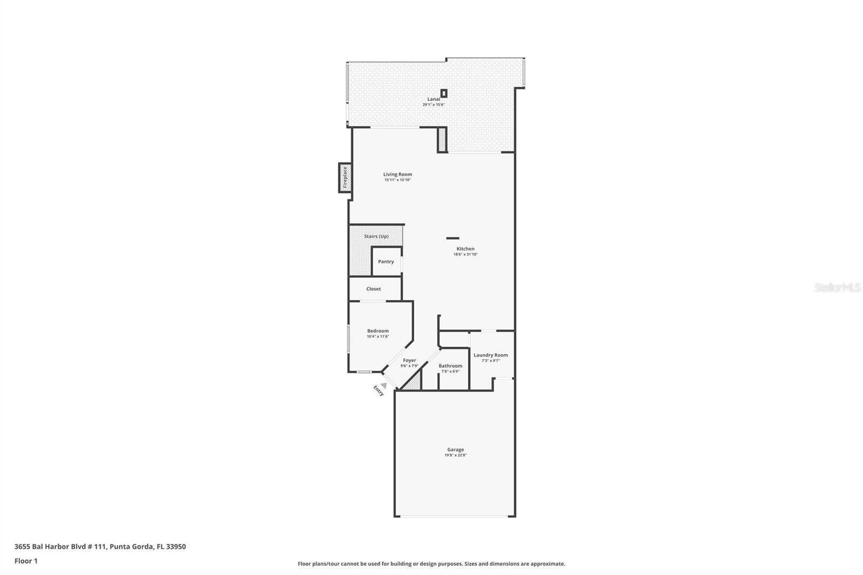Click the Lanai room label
pos(434,99)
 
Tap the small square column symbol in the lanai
pos(444,93)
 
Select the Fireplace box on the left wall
pos(345,177)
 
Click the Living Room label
pos(398,174)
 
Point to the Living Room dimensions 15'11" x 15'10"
pos(398,180)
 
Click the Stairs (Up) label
pos(376,236)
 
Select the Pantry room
pos(386,262)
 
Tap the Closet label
pos(373,289)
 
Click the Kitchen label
pos(465,249)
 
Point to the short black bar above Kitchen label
pos(453,238)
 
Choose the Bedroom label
pos(378,331)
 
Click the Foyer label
pos(409,360)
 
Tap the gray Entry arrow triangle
pos(383,385)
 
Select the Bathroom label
pos(450,366)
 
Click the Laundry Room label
pos(490,355)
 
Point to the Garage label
pos(455,449)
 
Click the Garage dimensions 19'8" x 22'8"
pos(455,455)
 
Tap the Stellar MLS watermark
pos(837,288)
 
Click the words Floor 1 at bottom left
pos(26,561)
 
